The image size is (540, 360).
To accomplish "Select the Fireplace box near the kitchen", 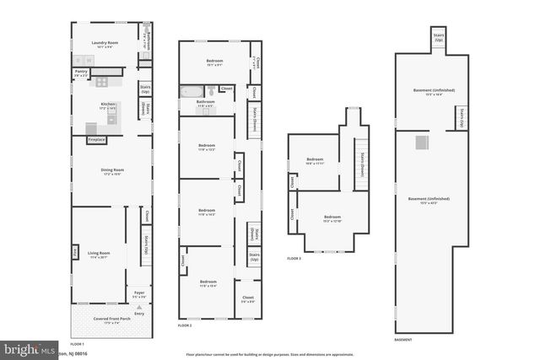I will pyautogui.click(x=96, y=139).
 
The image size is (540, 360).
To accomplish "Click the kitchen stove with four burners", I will pyautogui.click(x=102, y=82).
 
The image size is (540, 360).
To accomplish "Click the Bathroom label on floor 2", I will pyautogui.click(x=206, y=103).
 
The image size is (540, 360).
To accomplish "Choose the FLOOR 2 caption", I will pyautogui.click(x=185, y=325).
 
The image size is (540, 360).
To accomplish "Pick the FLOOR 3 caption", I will pyautogui.click(x=294, y=258).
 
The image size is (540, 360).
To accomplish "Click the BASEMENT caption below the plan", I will pyautogui.click(x=403, y=339).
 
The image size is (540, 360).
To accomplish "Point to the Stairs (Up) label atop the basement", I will pyautogui.click(x=440, y=39).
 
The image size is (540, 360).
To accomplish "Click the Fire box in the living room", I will pyautogui.click(x=75, y=250).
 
